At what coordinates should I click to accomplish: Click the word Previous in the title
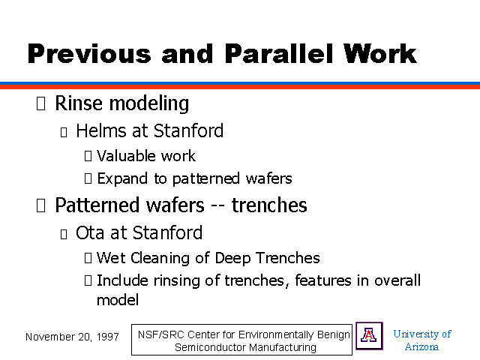89,54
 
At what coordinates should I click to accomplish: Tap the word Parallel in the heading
279,53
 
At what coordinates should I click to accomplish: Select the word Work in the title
380,53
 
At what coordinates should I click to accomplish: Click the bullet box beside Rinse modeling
40,103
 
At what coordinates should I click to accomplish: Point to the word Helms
101,130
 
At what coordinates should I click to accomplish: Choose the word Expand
122,178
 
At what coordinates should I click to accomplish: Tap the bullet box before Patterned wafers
40,205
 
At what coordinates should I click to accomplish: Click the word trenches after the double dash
269,205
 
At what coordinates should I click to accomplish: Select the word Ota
91,232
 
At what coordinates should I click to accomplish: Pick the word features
323,280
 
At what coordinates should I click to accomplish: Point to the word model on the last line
118,300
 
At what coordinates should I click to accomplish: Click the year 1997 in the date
108,337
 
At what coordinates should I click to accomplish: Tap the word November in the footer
50,337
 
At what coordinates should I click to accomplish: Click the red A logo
369,336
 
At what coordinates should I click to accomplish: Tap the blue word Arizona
421,346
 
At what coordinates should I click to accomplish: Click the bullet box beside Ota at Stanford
64,235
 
